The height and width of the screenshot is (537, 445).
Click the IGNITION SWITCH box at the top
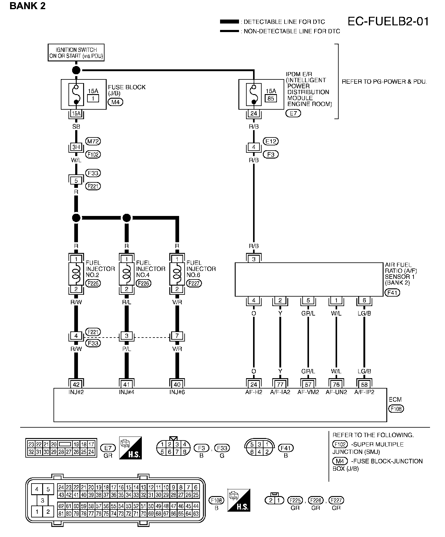coord(76,53)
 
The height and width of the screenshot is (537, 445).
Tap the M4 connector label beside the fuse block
coord(115,102)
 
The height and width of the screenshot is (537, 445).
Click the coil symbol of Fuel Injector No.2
coord(76,274)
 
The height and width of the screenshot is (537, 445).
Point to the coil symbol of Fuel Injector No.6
coord(177,274)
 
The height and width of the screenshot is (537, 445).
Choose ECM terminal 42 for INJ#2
coord(76,385)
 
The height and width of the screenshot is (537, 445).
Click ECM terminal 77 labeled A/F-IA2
coord(280,385)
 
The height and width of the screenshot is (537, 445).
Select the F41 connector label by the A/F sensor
coord(392,293)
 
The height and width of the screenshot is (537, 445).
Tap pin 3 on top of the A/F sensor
coord(254,259)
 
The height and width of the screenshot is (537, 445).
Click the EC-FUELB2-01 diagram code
coord(388,22)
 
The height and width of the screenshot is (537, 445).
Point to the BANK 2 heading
coord(28,6)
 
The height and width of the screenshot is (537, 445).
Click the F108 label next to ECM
coord(396,409)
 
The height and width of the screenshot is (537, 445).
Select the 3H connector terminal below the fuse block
coord(76,147)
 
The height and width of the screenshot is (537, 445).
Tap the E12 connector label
coord(271,141)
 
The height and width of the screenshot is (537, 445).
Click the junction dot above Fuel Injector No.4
coord(127,218)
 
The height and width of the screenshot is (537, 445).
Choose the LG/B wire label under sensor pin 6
coord(364,313)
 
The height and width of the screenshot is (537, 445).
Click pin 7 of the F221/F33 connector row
coord(177,336)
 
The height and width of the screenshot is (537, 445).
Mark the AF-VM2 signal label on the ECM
coord(308,392)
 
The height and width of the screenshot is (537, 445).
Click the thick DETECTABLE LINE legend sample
coord(229,22)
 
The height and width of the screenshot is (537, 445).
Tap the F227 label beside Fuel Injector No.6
coord(194,283)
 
